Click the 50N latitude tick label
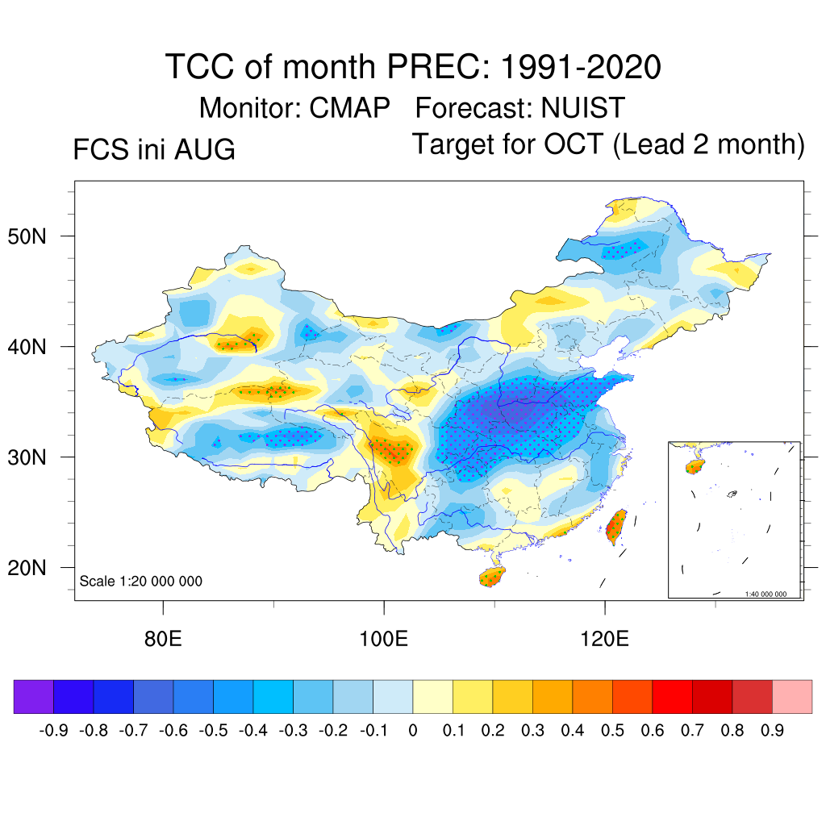pos(27,236)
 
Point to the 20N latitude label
pos(27,568)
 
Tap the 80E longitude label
pos(163,639)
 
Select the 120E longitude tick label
pos(604,639)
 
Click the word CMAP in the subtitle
pos(349,108)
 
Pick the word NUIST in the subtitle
pos(582,108)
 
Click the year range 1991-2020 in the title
pos(581,67)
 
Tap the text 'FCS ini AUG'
pos(154,149)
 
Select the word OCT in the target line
pos(574,144)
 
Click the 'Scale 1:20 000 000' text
pos(140,581)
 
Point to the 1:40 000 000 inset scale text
pos(766,594)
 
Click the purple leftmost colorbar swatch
pos(34,696)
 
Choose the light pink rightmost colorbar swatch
pos(792,696)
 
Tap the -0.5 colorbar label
pos(213,731)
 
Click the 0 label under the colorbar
pos(413,731)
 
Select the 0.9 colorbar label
pos(772,731)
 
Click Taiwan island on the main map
pos(616,527)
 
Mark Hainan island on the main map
pos(492,576)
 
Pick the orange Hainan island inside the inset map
pos(695,466)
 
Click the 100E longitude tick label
pos(383,639)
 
